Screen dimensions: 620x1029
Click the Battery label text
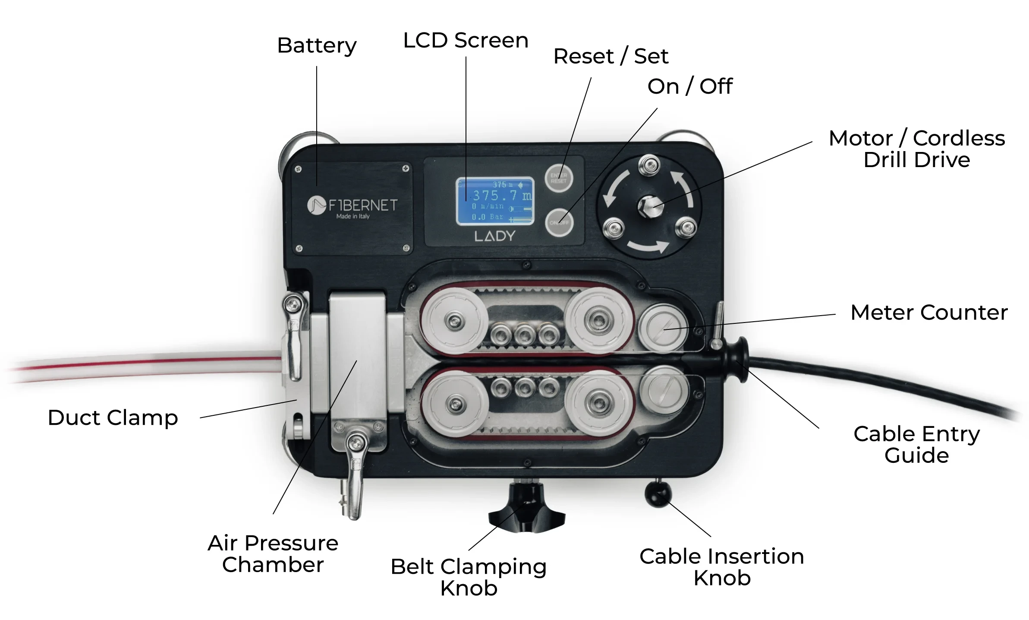317,46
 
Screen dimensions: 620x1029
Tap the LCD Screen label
466,41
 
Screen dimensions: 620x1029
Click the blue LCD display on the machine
495,202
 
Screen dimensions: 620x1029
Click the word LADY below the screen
495,236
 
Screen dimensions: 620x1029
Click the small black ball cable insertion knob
658,494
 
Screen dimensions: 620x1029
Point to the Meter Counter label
929,313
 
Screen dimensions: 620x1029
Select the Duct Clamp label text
113,418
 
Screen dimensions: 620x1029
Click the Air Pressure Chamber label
273,554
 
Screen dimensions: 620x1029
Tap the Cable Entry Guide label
916,445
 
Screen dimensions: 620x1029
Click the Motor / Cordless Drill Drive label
917,149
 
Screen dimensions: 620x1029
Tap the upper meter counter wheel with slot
663,327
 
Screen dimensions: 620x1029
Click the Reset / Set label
610,57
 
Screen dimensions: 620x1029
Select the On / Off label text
689,87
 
